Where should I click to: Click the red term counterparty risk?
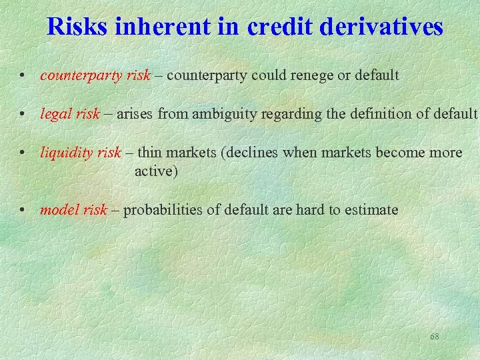95,75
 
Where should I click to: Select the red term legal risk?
69,114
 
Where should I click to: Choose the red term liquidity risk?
81,153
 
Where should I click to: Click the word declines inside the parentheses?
255,153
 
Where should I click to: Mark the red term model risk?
73,210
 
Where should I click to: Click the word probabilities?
163,210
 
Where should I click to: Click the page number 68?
435,337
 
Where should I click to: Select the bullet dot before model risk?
23,211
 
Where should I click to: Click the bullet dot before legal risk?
23,115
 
